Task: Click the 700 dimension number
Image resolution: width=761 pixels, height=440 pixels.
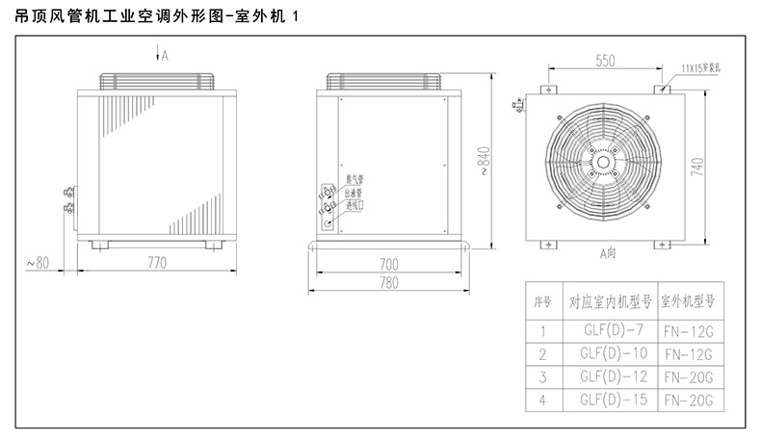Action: coord(389,263)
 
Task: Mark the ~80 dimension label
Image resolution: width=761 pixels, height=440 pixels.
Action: coord(35,262)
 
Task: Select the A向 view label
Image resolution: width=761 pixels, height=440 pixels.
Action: coord(606,254)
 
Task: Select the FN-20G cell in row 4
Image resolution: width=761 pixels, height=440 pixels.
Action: coord(690,399)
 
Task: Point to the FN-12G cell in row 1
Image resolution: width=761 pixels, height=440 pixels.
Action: coord(690,330)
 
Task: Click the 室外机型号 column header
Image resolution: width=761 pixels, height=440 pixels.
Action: coord(690,300)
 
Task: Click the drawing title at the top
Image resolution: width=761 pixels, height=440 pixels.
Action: coord(154,16)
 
